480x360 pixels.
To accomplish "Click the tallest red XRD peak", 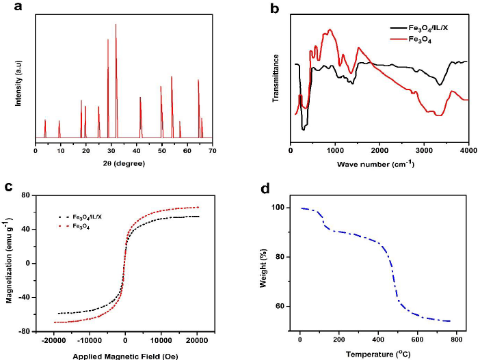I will coord(116,25).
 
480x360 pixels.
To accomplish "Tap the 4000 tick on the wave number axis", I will coord(468,150).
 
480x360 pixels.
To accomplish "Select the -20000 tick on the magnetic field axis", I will coord(53,340).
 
